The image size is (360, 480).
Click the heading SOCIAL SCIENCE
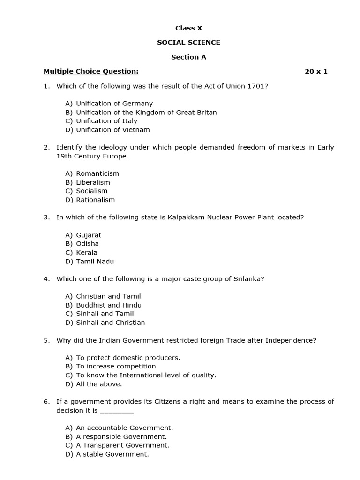click(188, 43)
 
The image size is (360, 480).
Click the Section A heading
click(188, 57)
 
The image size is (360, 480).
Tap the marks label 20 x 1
click(316, 71)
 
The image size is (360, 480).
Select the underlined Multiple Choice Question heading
click(91, 71)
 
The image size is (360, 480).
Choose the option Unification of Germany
click(114, 104)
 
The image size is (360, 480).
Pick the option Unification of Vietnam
click(113, 130)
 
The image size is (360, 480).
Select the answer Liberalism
click(93, 182)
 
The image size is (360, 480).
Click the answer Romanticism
click(97, 173)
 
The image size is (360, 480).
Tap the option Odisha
click(88, 244)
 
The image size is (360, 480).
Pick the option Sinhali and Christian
click(111, 322)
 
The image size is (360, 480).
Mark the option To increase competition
click(116, 367)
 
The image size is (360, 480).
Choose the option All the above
click(99, 384)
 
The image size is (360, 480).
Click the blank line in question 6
click(117, 411)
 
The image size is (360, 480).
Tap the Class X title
click(188, 28)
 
